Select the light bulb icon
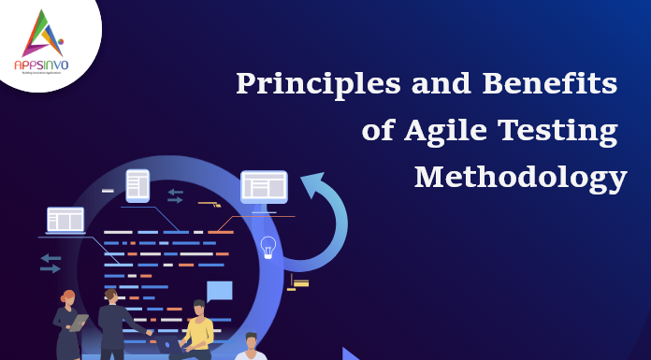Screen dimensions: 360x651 (268, 247)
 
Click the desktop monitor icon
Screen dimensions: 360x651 (264, 187)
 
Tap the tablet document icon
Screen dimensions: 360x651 (138, 183)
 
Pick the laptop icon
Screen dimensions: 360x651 (65, 221)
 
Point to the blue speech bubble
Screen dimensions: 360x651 (219, 291)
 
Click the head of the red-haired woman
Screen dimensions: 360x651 (68, 296)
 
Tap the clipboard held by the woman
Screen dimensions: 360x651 (80, 324)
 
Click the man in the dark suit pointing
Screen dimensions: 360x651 (112, 323)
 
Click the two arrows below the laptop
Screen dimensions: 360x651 (51, 263)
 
